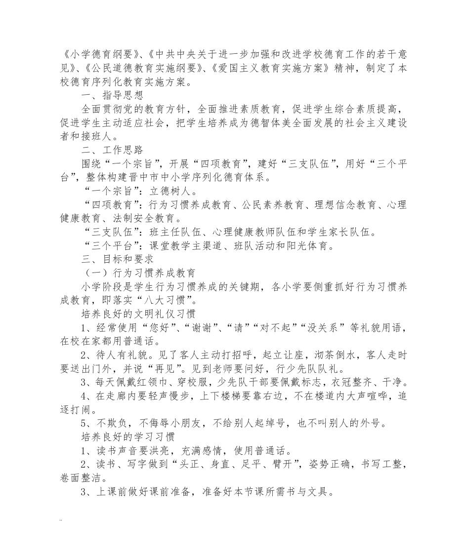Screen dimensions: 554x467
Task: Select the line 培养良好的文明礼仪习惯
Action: point(138,313)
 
